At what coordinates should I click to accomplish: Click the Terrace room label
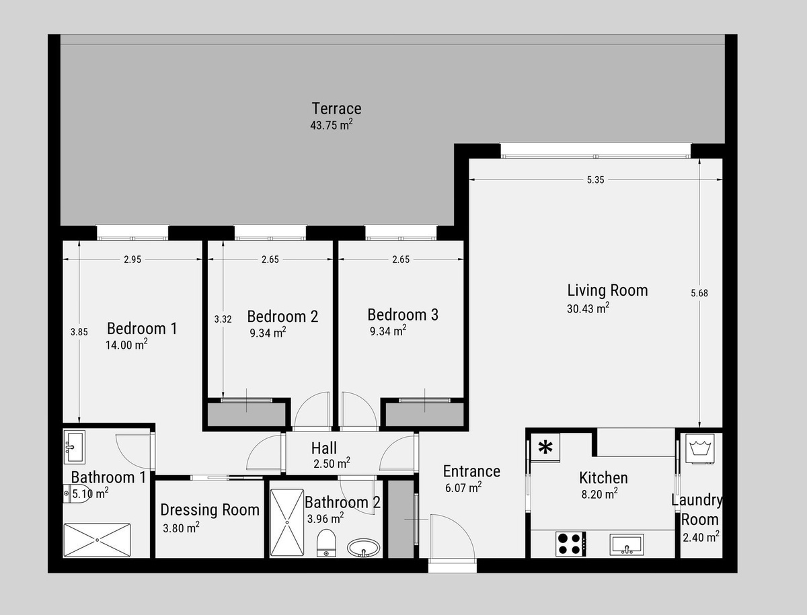click(336, 109)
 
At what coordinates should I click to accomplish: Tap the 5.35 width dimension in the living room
click(595, 179)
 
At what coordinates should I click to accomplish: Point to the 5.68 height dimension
click(699, 293)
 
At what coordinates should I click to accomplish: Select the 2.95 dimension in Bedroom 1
click(132, 259)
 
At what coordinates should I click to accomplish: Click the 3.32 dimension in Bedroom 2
click(223, 319)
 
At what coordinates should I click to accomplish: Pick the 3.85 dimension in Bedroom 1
click(79, 332)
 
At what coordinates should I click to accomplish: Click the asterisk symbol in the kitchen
click(545, 448)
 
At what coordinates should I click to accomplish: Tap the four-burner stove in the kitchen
click(571, 544)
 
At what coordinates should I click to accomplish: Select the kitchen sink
click(627, 544)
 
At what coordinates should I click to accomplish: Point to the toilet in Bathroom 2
click(326, 543)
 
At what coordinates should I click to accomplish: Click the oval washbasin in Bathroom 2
click(364, 548)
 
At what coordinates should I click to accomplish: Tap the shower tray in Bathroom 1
click(97, 540)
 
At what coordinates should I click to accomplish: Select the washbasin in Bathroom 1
click(75, 447)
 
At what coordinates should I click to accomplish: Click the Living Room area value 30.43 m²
click(588, 308)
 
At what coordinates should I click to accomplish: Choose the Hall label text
click(324, 448)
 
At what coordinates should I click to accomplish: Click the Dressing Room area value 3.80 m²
click(182, 528)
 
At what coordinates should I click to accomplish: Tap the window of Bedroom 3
click(401, 233)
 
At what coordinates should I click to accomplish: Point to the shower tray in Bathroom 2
click(287, 522)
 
